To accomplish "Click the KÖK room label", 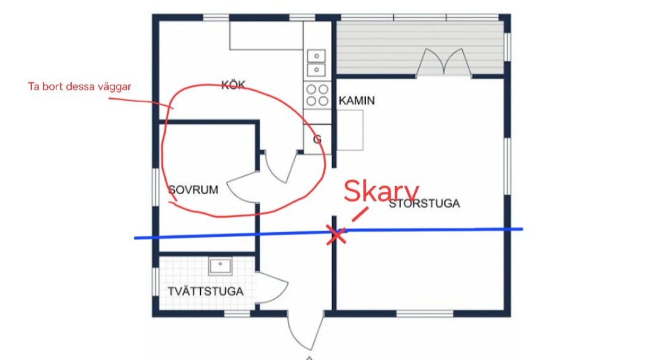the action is click(x=233, y=85).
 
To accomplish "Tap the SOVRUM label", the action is click(x=193, y=189).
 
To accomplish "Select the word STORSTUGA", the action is click(x=424, y=203).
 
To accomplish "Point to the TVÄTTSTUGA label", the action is click(x=206, y=291).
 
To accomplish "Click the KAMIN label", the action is click(x=357, y=101).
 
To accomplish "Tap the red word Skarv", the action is click(x=381, y=191).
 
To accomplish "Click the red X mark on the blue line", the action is click(x=336, y=235).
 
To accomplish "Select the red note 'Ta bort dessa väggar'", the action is click(x=79, y=87).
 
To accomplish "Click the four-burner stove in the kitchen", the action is click(x=317, y=95).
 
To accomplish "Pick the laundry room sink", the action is click(x=220, y=266).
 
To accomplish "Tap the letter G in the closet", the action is click(x=317, y=139).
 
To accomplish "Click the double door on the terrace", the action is click(x=444, y=63).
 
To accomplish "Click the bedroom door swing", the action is click(x=243, y=187).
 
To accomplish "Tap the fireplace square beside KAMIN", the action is click(x=350, y=130).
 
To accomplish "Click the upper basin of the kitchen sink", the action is click(x=316, y=56).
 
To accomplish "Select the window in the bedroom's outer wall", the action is click(x=155, y=187).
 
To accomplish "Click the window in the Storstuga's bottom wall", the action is click(x=425, y=313).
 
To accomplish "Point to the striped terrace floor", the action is click(x=420, y=49).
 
